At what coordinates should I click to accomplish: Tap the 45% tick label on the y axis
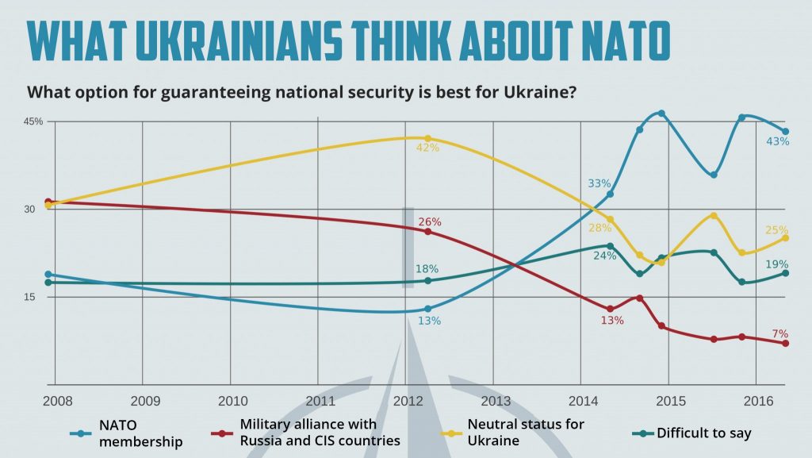pos(33,121)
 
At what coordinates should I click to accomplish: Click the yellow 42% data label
pos(427,148)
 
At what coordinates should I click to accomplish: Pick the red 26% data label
pos(430,221)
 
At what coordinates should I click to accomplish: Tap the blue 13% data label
pos(429,321)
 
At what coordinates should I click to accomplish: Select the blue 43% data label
pos(778,141)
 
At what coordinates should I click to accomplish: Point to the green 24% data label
pos(604,256)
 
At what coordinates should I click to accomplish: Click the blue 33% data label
pos(599,183)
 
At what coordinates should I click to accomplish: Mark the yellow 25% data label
pos(776,230)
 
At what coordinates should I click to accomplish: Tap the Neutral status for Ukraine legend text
pos(526,433)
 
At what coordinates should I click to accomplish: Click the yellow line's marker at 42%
pos(428,138)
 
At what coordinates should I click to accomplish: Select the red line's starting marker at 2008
pos(48,202)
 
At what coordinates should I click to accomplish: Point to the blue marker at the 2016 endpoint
pos(786,132)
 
